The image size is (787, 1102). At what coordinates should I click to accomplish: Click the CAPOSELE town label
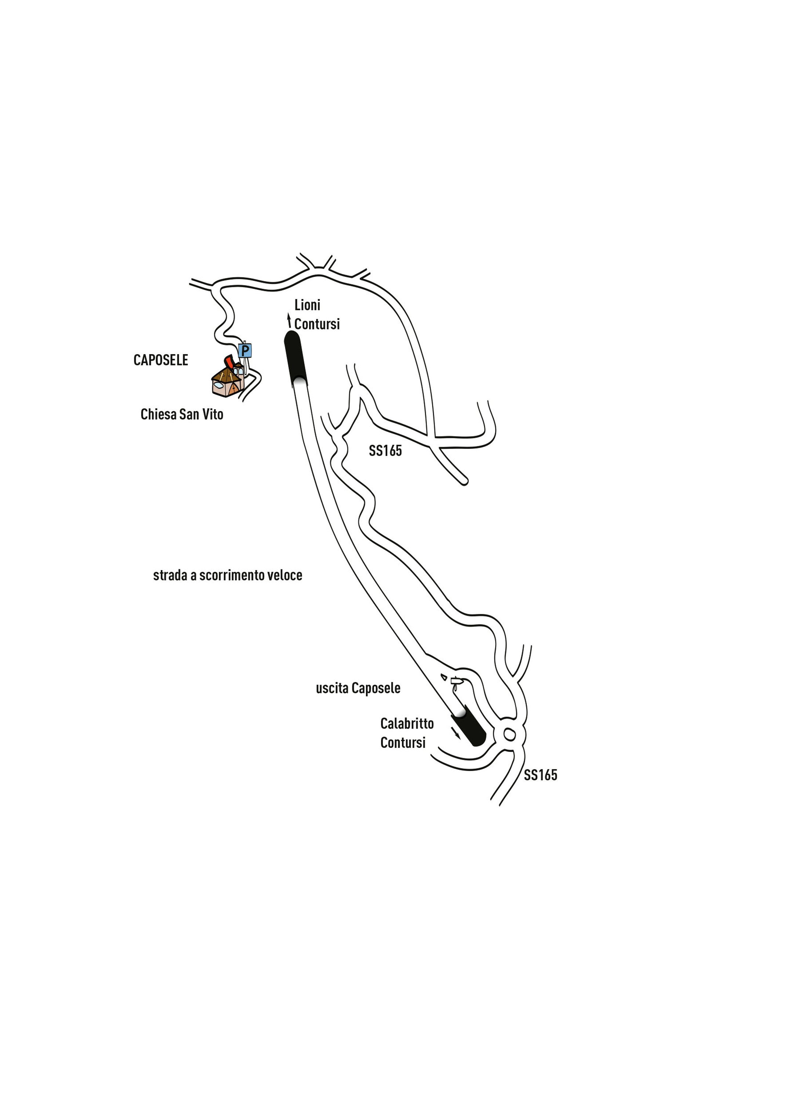pos(160,360)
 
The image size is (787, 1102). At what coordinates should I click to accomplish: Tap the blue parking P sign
pos(245,350)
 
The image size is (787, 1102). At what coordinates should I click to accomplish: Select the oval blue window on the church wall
pos(218,385)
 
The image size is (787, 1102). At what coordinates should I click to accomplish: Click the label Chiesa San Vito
pos(182,414)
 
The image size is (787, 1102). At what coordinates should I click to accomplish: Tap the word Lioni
pos(307,305)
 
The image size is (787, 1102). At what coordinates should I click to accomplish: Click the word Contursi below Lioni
pos(317,324)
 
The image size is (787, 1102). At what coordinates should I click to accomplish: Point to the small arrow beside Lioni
pos(289,320)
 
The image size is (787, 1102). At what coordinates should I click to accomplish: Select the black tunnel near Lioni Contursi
pos(295,357)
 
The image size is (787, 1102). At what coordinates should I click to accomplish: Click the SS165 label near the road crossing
pos(385,451)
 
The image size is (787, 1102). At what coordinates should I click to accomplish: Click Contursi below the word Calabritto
pos(403,742)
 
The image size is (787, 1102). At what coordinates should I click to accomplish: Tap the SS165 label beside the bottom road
pos(540,775)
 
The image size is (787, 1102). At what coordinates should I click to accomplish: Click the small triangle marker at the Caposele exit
pos(444,676)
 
